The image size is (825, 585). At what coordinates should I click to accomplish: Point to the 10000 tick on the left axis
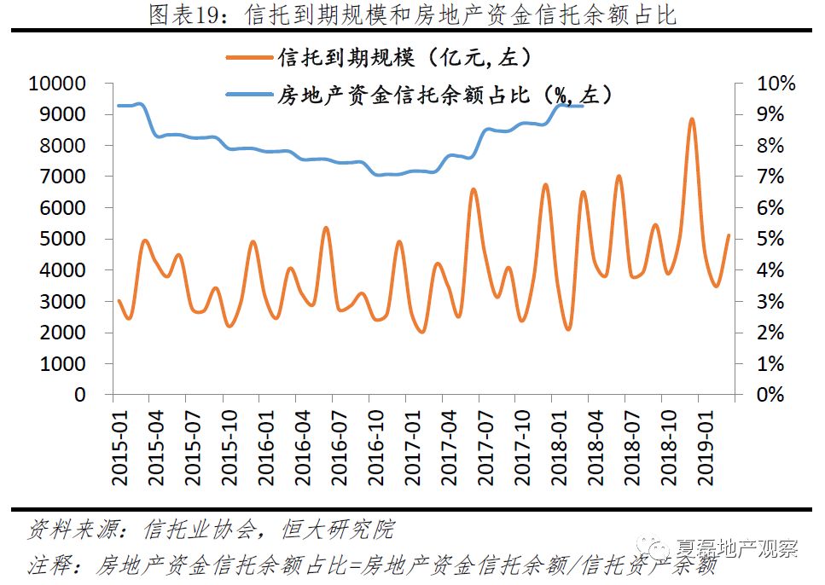point(58,84)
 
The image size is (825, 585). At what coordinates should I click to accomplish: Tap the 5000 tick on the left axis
point(63,239)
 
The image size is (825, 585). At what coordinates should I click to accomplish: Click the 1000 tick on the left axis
point(63,363)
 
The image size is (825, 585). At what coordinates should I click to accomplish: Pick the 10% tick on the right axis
point(776,84)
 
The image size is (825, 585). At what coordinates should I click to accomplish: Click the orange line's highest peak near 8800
point(692,119)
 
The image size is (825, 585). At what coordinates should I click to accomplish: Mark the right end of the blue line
point(582,106)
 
